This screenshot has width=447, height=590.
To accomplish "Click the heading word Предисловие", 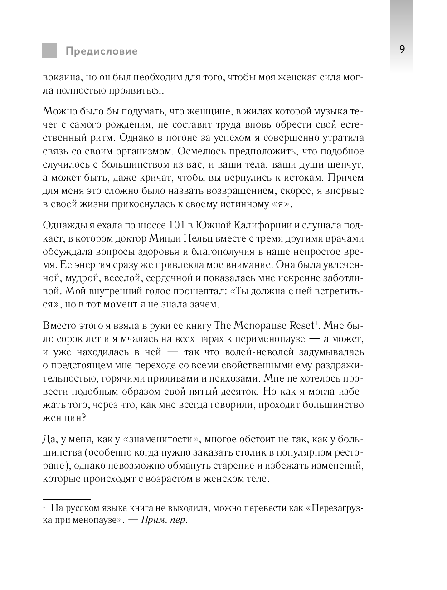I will tap(102, 51).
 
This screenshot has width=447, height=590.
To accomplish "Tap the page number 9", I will tap(402, 50).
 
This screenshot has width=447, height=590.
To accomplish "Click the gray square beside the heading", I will tap(50, 50).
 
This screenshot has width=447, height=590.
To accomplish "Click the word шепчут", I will tap(347, 164).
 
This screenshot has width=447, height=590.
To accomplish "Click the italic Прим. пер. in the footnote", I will tap(164, 521).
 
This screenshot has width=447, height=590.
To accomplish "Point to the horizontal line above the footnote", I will tap(67, 499).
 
